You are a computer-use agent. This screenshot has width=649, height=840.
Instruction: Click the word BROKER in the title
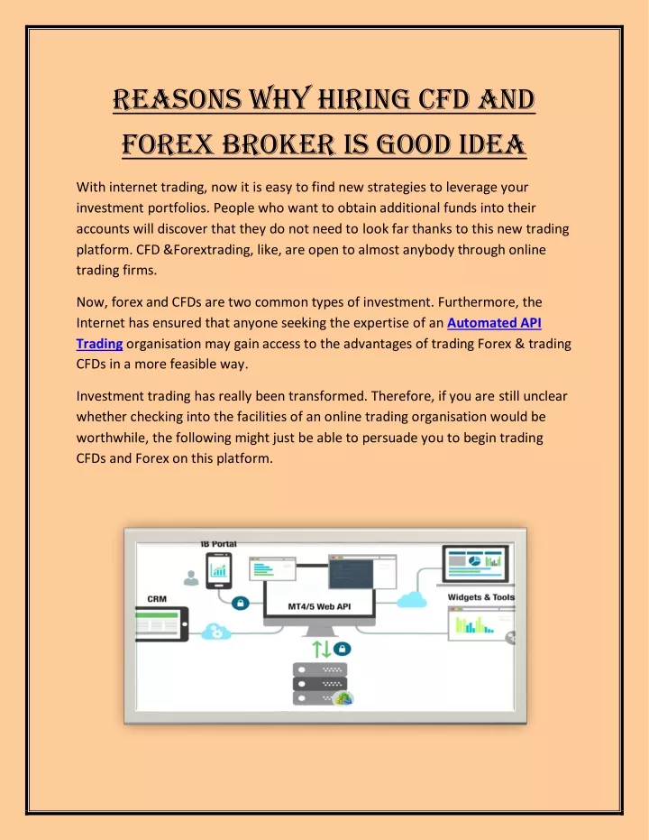(279, 144)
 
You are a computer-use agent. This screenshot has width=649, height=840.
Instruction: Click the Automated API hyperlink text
(494, 322)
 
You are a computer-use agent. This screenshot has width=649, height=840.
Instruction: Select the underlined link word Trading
(99, 344)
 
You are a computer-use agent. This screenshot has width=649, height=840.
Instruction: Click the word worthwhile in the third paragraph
(111, 438)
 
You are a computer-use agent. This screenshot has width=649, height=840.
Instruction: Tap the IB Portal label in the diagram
(218, 544)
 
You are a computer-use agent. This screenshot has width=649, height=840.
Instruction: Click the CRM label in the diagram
(157, 599)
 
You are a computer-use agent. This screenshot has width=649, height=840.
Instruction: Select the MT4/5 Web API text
(319, 606)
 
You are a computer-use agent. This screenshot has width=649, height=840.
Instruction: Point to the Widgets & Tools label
(481, 596)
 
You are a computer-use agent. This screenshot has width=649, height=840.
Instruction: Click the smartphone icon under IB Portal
(219, 570)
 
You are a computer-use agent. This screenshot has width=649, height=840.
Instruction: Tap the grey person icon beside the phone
(191, 577)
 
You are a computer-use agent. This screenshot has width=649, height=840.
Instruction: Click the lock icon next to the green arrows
(343, 649)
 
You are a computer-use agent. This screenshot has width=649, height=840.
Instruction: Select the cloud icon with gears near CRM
(216, 632)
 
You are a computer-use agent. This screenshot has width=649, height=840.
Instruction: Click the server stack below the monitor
(321, 684)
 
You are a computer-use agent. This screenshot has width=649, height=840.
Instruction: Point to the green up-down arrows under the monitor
(322, 650)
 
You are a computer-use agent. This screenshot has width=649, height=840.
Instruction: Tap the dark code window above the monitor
(352, 573)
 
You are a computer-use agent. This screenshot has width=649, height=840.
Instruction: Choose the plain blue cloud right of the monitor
(412, 599)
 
